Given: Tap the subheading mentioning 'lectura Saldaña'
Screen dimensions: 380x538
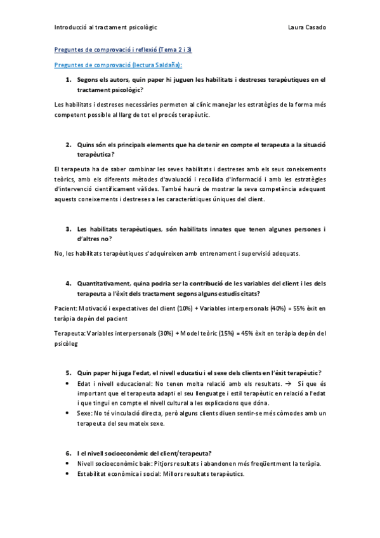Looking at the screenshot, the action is pyautogui.click(x=118, y=65).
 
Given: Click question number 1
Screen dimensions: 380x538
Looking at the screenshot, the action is pyautogui.click(x=69, y=80).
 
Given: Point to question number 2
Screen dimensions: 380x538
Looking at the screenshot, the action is pyautogui.click(x=69, y=145).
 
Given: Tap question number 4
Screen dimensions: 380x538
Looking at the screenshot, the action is pyautogui.click(x=69, y=283).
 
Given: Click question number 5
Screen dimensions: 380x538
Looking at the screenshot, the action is pyautogui.click(x=69, y=372).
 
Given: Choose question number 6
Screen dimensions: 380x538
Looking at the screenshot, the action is pyautogui.click(x=69, y=453).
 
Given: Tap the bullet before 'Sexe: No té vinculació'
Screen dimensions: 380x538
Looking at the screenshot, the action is pyautogui.click(x=68, y=413).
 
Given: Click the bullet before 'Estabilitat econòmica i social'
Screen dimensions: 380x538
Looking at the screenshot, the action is pyautogui.click(x=68, y=474).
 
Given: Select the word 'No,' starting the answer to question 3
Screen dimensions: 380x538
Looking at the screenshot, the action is pyautogui.click(x=60, y=254).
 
